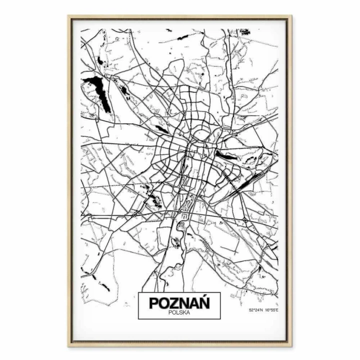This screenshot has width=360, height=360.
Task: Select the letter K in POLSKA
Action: click(x=184, y=313)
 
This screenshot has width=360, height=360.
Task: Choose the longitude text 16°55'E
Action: click(x=270, y=310)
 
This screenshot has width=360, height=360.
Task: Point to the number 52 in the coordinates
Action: click(x=251, y=310)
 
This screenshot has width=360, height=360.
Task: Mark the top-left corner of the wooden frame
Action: click(x=68, y=16)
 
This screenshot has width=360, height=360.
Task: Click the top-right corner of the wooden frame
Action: click(x=292, y=16)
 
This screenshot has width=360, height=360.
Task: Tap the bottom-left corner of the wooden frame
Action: click(x=68, y=346)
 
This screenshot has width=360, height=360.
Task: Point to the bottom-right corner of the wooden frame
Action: click(x=292, y=346)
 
